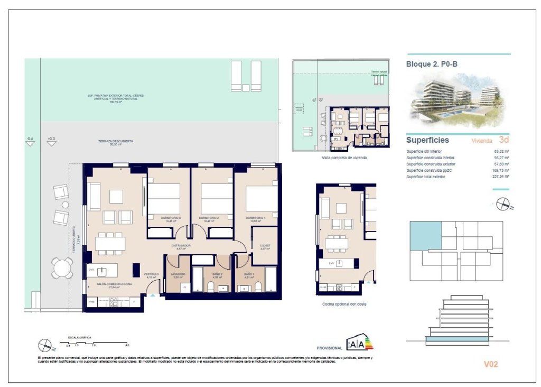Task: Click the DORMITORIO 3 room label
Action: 168,218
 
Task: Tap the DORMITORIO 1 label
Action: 255,218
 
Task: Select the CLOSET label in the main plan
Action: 265,245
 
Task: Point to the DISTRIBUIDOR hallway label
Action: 180,245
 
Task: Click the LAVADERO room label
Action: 178,274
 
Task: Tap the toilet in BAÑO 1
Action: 259,287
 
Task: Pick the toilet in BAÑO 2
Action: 211,287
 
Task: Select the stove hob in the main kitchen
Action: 114,302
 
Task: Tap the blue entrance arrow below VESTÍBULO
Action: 153,294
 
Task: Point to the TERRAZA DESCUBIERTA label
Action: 115,142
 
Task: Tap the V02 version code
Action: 491,364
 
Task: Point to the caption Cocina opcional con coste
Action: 344,304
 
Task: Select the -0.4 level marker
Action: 30,140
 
